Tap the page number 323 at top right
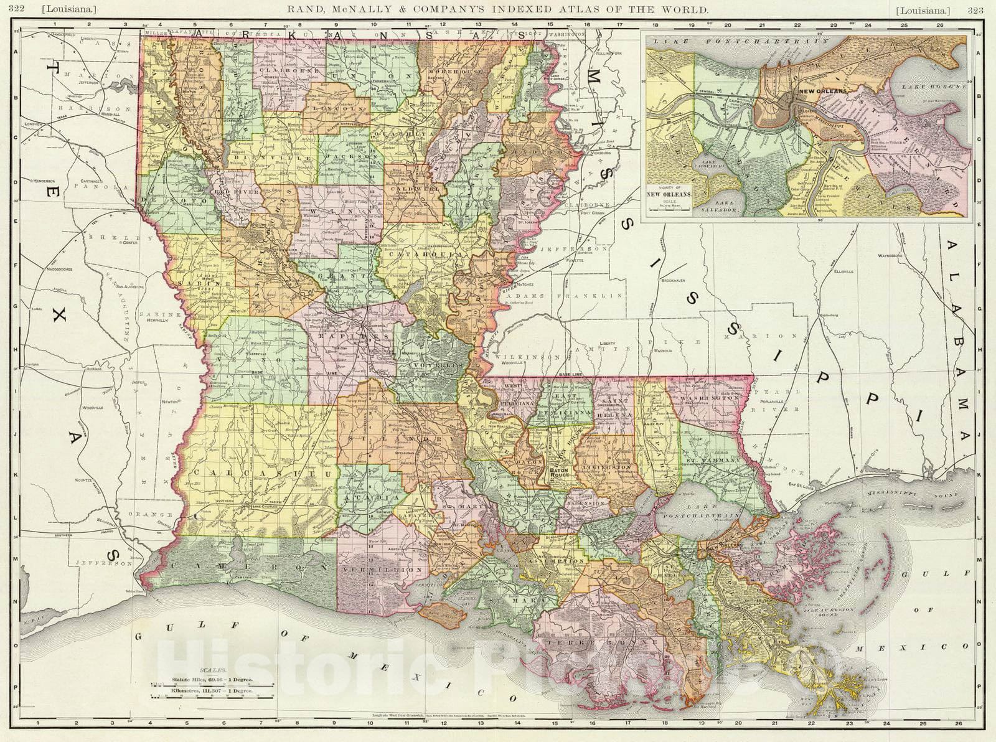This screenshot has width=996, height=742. coord(975,10)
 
